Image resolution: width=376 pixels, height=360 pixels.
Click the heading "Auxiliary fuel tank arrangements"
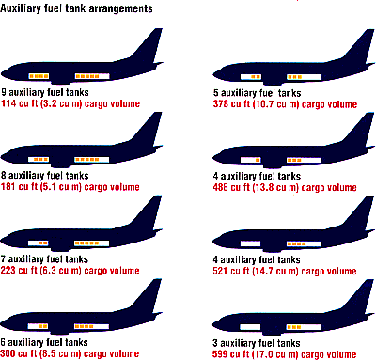click(76, 8)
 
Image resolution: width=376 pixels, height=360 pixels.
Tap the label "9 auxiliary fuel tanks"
click(45, 92)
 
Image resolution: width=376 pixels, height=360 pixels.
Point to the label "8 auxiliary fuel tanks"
click(45, 176)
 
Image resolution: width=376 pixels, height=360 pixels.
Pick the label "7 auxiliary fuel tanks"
click(44, 259)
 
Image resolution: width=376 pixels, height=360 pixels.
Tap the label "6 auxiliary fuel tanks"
click(44, 342)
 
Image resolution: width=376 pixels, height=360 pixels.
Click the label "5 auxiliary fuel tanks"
click(258, 93)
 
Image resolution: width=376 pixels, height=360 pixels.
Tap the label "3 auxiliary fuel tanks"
click(257, 343)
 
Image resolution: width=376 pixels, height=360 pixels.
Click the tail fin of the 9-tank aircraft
click(149, 44)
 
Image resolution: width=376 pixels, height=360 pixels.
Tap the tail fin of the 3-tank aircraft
click(360, 295)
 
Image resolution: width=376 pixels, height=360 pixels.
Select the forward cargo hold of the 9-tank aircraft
click(39, 76)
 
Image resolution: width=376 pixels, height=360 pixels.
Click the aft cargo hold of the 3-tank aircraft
click(304, 327)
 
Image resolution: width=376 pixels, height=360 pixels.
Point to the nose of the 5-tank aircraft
click(217, 75)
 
